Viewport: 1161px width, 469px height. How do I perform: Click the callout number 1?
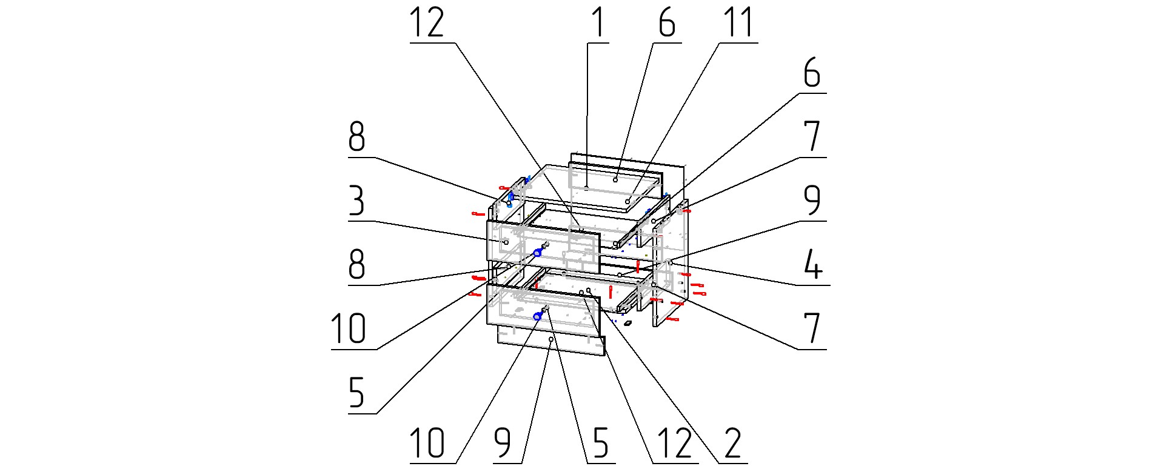(x=598, y=22)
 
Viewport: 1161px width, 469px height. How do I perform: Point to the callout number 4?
(x=812, y=265)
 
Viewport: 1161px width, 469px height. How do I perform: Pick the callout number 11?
(x=738, y=22)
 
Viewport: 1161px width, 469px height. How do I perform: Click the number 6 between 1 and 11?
(x=666, y=22)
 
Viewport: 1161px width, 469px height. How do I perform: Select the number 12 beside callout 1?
(x=427, y=22)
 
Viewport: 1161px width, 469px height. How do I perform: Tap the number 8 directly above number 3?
(x=356, y=137)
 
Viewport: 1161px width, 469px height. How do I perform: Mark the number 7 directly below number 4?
(x=812, y=329)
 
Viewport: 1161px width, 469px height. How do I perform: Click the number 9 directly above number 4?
(x=812, y=201)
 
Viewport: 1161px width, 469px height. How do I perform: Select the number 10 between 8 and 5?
(x=349, y=329)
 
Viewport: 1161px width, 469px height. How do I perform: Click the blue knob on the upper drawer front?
(x=537, y=253)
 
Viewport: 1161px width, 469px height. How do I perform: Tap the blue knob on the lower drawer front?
(x=537, y=316)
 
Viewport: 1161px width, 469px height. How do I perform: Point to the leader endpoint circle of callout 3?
(x=506, y=242)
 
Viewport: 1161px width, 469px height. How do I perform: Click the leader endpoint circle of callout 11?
(x=627, y=201)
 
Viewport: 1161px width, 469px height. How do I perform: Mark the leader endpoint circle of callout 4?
(x=671, y=263)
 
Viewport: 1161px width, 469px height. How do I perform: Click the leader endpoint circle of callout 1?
(x=587, y=188)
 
